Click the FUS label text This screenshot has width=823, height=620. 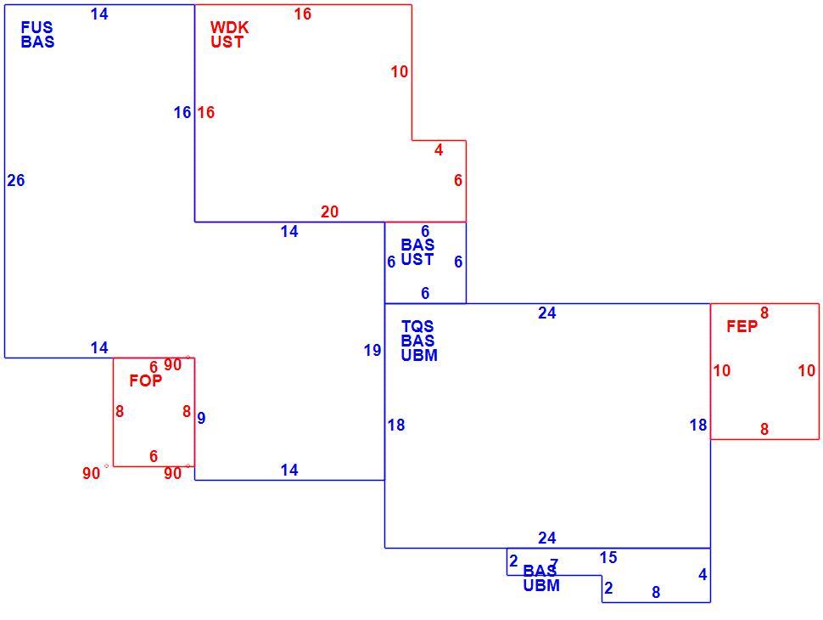point(36,27)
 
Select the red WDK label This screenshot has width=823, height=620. point(229,27)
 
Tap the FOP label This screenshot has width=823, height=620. point(146,380)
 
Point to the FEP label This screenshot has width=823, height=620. point(742,326)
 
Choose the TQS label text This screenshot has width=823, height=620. point(417,326)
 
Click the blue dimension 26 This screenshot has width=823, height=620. point(16,180)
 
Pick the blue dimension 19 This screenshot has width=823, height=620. point(372,350)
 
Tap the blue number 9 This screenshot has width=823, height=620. point(202,418)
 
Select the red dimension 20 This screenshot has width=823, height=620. point(329,211)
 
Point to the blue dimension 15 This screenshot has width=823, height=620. point(608,557)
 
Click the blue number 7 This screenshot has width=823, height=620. point(554,564)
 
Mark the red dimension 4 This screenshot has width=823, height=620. point(439,149)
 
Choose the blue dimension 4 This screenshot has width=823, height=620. point(703,575)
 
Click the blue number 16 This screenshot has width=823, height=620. point(182,112)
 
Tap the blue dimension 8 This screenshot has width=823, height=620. point(656,592)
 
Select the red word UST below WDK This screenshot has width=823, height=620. point(227,42)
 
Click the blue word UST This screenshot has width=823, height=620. point(417,259)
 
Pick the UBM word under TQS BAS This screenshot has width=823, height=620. point(419,355)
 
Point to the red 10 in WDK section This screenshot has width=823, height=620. point(400,71)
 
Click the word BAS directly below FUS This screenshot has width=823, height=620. point(38,42)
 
